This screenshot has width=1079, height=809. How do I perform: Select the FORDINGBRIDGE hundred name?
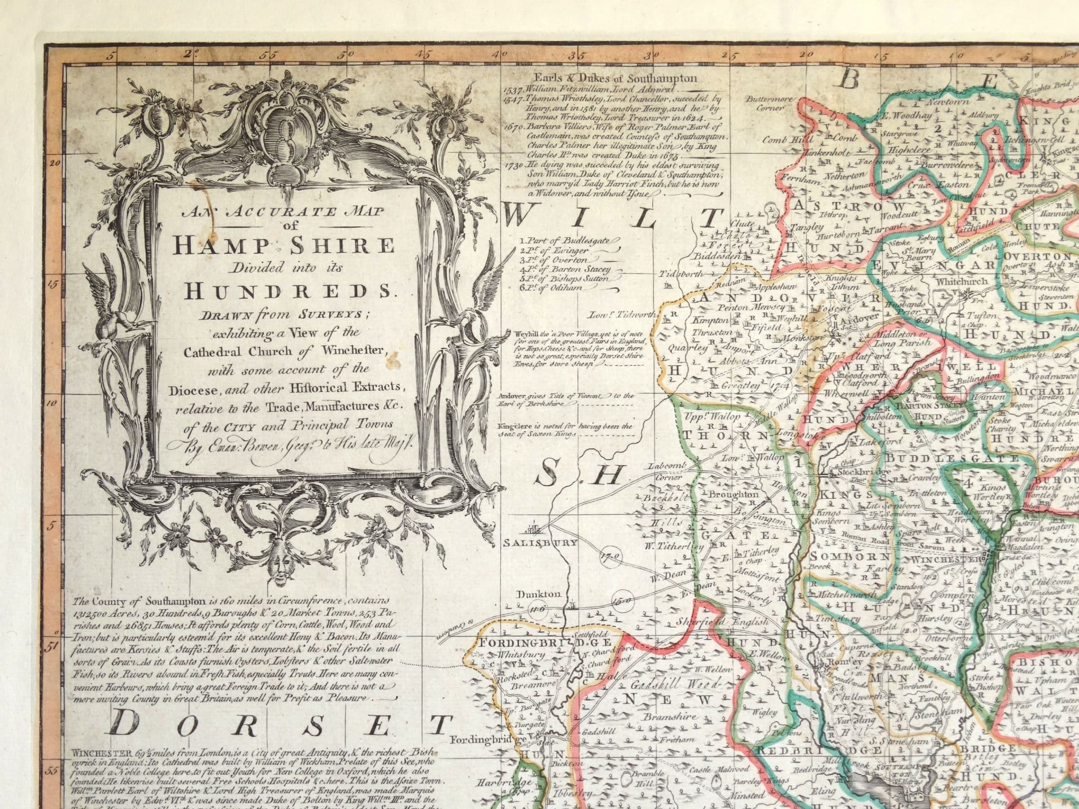544,643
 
